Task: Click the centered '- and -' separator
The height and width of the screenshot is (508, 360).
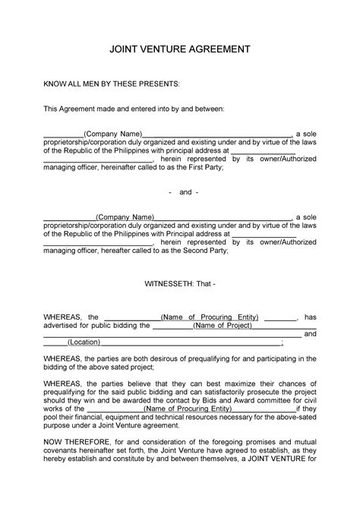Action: coord(179,192)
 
